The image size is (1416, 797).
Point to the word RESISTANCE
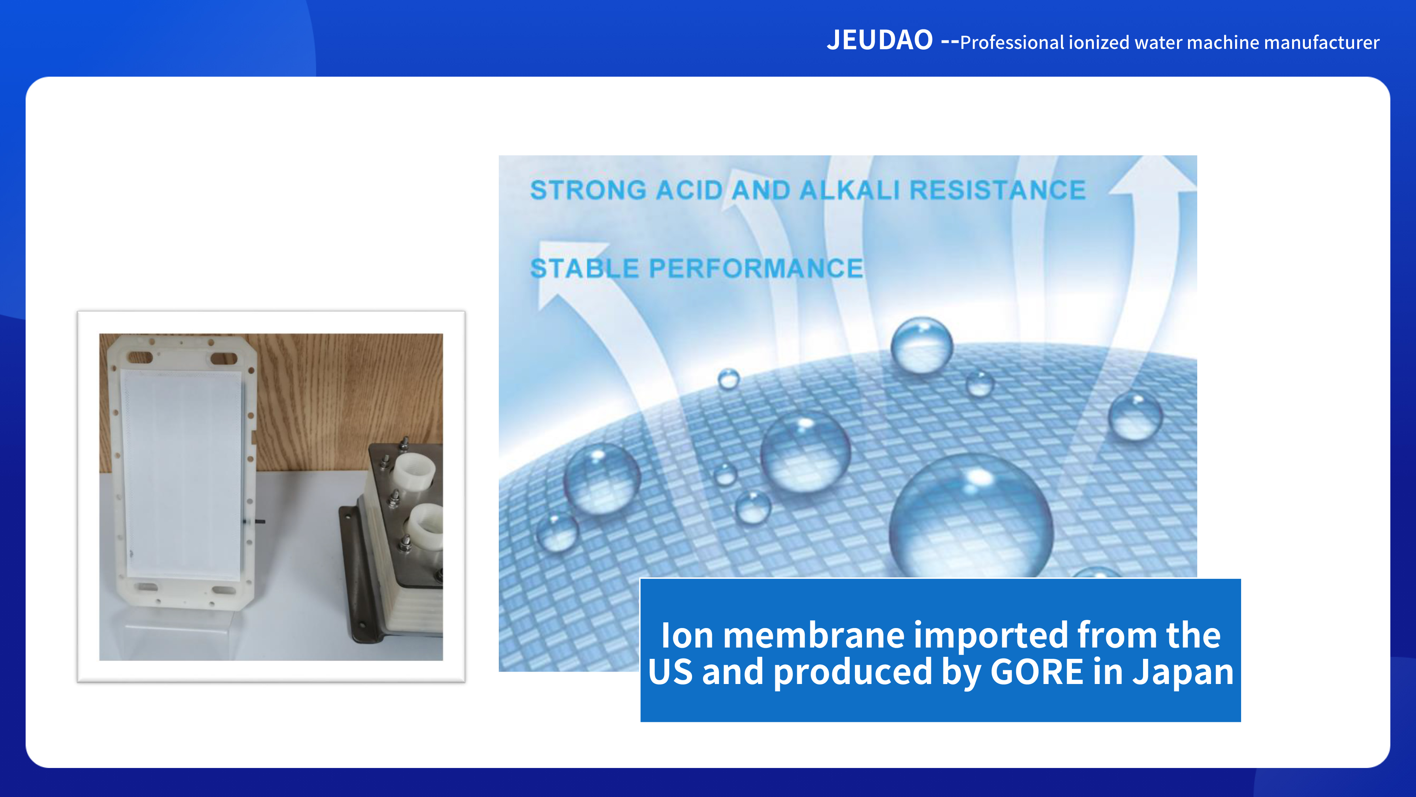(997, 190)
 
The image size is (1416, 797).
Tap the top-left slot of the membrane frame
(140, 357)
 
